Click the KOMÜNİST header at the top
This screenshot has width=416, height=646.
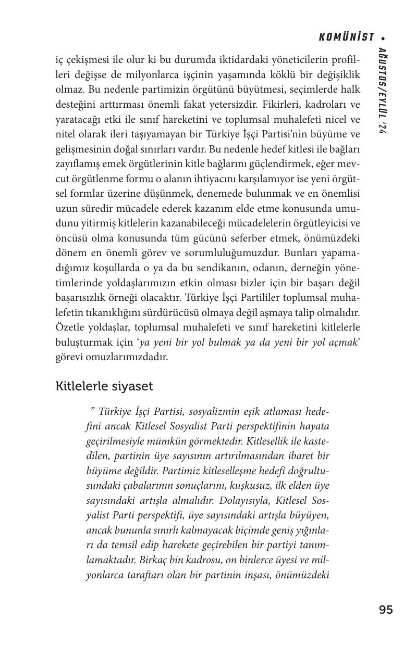tap(346, 37)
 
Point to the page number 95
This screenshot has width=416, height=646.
tap(386, 610)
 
